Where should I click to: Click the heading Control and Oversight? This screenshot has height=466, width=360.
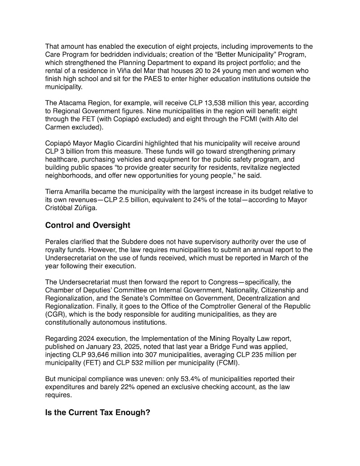coord(90,226)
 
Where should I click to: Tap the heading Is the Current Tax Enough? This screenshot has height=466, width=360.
coord(98,412)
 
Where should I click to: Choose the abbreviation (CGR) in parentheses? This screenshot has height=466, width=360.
coord(55,314)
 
